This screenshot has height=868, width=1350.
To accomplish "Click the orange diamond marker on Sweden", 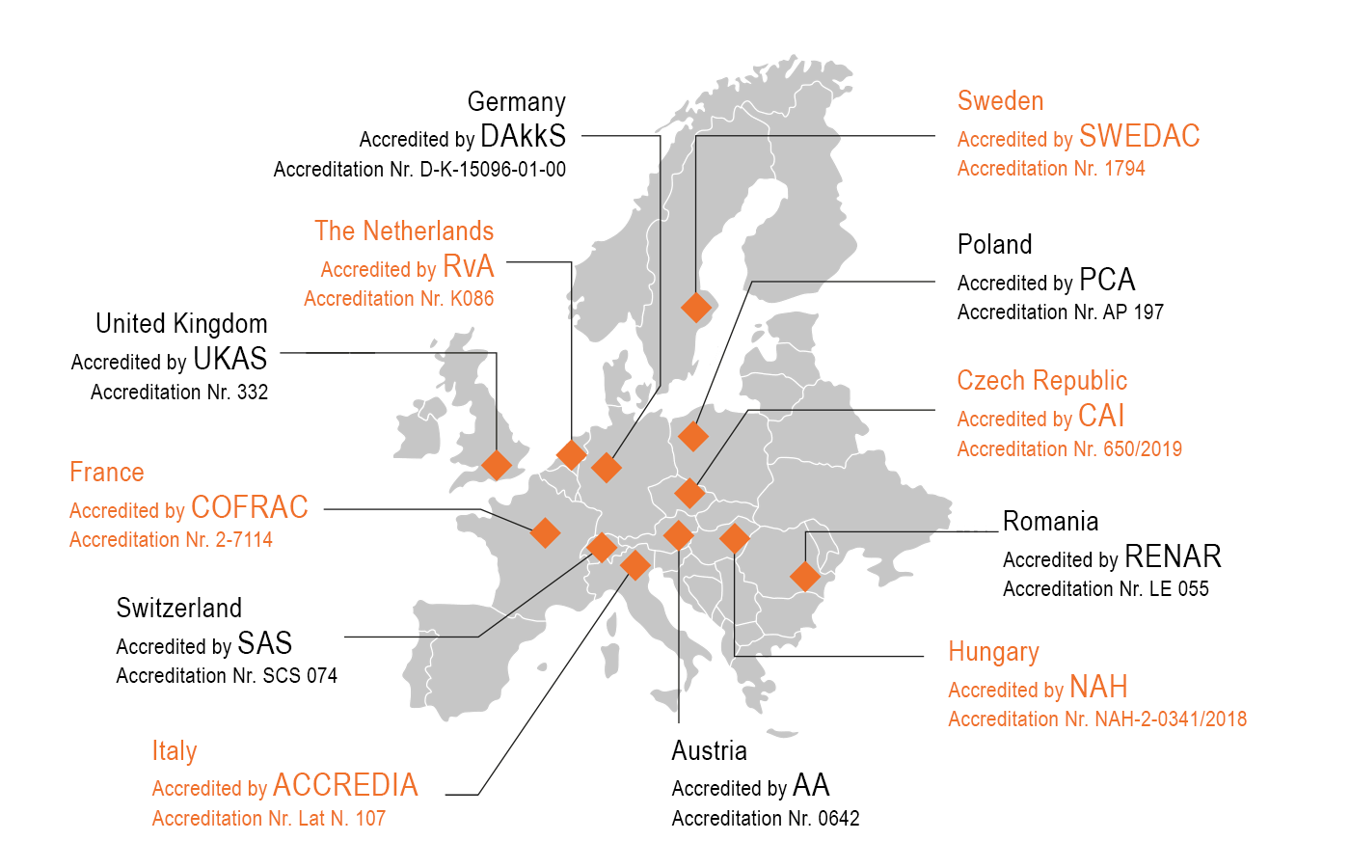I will (695, 308).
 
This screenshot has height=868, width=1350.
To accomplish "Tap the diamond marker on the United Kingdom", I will (497, 465).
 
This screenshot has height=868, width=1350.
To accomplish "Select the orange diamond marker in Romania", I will (804, 576).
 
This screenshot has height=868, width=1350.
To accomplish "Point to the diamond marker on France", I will (545, 532).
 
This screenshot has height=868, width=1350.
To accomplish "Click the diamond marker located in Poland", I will (692, 436).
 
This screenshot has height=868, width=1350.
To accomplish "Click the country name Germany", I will (516, 102).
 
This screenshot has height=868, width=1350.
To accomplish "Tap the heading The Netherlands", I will (404, 231).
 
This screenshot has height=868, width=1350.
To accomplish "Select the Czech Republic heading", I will (1041, 381).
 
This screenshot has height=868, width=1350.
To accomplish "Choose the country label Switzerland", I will (179, 609).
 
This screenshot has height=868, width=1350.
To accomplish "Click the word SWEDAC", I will (1140, 137).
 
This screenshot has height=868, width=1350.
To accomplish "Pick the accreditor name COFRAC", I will (250, 508).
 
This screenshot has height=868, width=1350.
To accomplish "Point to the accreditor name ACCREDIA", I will (345, 786).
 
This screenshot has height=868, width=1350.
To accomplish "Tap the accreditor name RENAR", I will (1173, 557).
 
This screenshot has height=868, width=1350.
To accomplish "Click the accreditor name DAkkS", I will (523, 137).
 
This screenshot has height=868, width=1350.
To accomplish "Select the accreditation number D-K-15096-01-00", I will (493, 170).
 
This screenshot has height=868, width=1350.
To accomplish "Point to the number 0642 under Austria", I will (838, 819).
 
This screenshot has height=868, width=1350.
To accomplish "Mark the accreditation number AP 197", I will (1133, 312).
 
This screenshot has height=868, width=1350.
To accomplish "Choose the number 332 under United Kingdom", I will (253, 393).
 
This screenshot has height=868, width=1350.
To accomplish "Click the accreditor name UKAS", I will (229, 360).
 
